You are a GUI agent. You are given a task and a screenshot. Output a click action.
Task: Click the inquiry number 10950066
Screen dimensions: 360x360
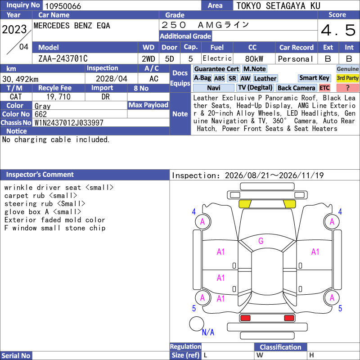pos(63,6)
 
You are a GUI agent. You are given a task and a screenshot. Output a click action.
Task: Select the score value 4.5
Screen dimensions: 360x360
pos(338,30)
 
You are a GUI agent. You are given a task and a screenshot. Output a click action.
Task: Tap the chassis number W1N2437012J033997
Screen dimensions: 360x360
pos(69,122)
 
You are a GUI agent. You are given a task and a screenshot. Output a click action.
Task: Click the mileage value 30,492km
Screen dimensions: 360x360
pos(20,79)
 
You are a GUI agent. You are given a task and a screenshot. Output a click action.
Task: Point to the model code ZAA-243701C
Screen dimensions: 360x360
pos(63,58)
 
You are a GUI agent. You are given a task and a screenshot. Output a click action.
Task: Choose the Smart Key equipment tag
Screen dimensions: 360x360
pos(314,78)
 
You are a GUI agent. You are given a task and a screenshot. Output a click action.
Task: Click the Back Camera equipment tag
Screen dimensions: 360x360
pos(296,88)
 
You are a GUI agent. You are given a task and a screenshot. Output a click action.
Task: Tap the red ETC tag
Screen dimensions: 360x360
pos(324,88)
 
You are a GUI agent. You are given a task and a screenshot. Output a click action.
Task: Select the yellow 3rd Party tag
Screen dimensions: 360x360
pos(347,78)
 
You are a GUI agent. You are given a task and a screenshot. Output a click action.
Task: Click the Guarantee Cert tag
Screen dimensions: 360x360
pos(216,69)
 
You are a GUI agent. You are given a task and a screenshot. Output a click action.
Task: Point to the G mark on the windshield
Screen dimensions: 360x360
pos(261,241)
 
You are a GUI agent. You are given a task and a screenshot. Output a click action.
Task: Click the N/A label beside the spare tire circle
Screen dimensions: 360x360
pos(208,332)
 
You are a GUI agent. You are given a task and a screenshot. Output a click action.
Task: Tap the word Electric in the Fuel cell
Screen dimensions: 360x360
pos(217,58)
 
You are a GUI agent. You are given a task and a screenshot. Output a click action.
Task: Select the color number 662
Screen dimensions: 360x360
pos(40,114)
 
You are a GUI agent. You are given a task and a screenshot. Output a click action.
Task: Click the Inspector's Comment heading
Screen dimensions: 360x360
pos(40,175)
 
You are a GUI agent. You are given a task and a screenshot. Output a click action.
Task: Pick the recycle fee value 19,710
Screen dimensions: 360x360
pos(58,97)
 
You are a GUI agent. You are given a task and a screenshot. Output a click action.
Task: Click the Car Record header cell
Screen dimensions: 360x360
pos(296,47)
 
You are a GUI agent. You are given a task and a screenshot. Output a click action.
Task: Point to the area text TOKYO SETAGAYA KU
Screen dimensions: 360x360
pos(278,6)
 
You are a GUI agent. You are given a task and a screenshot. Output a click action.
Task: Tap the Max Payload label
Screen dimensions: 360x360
pos(148,105)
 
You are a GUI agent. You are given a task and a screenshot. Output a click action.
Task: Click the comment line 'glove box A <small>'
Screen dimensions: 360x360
pos(43,211)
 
